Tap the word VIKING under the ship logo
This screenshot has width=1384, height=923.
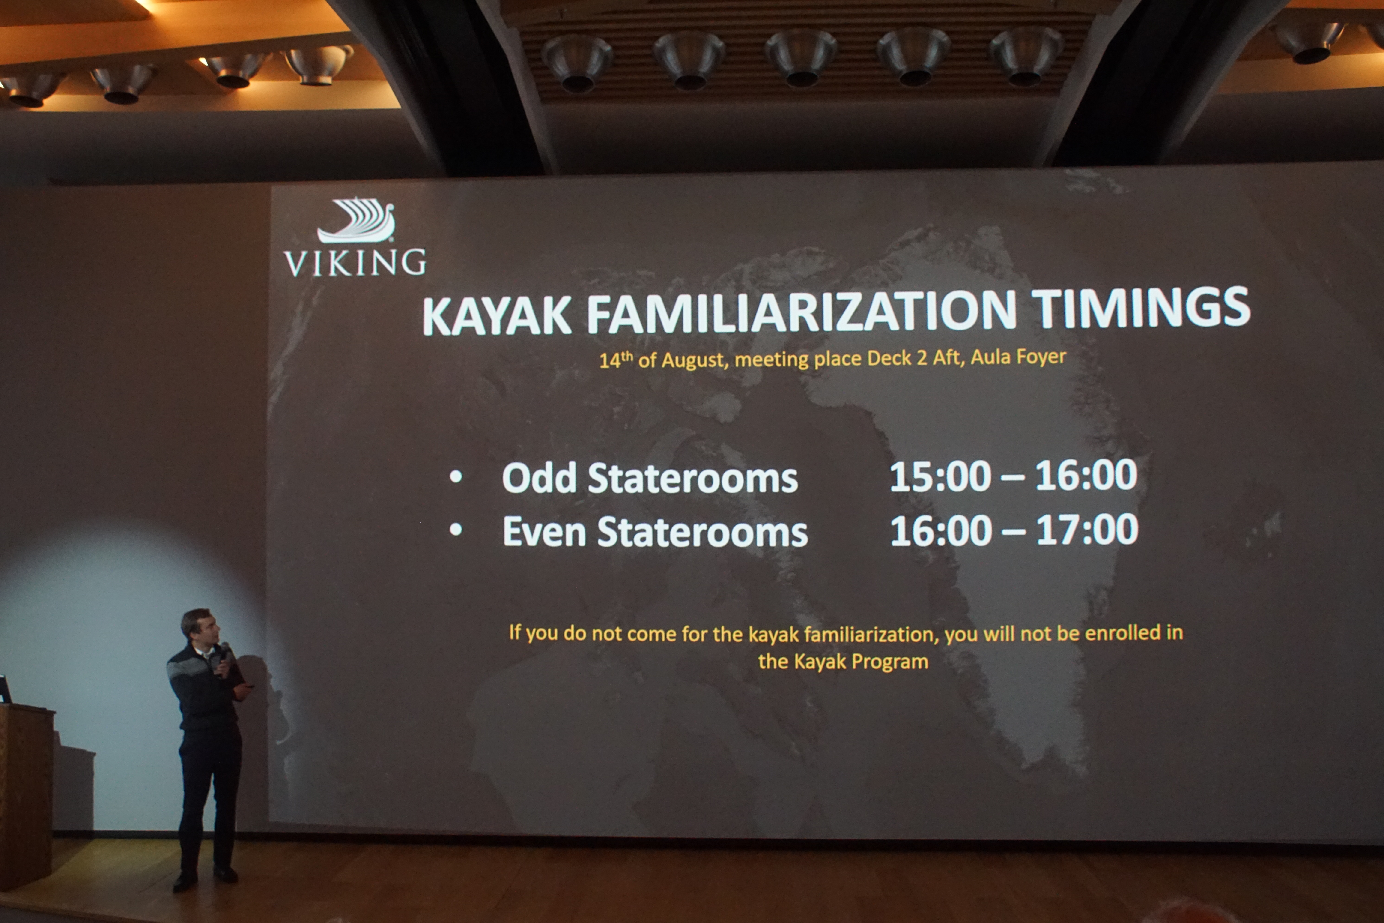tap(355, 263)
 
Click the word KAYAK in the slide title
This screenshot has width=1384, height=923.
tap(496, 316)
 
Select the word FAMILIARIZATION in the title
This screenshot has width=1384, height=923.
tap(801, 312)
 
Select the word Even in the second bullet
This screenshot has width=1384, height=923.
tap(544, 532)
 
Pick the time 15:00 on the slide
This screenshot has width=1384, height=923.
tap(940, 476)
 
